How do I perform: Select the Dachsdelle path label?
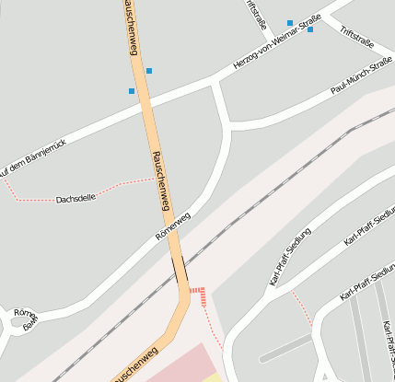[x=76, y=199]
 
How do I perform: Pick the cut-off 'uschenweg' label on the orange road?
[x=134, y=366]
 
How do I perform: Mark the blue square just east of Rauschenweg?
[x=149, y=71]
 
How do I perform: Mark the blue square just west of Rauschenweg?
[x=132, y=91]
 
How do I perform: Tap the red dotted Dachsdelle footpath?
[x=120, y=187]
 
